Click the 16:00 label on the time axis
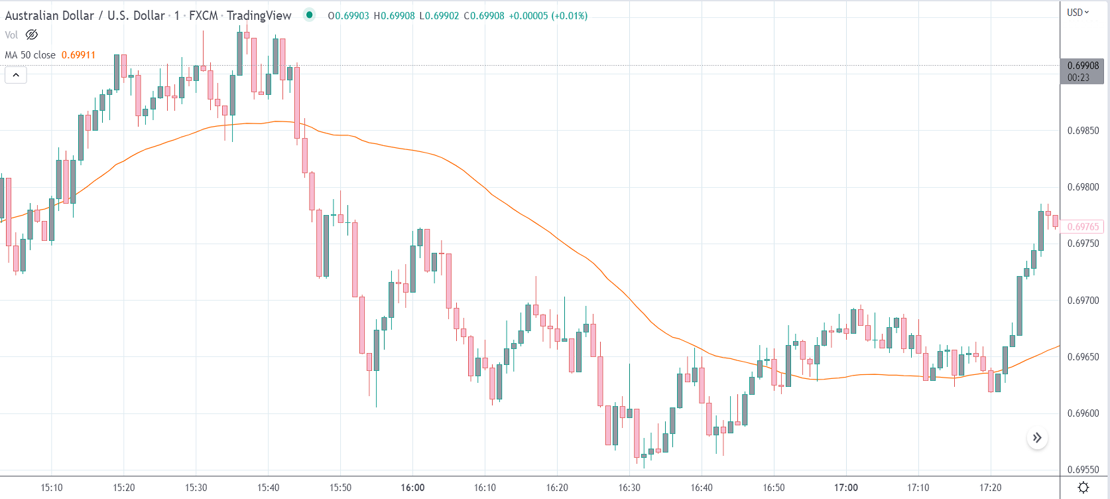coord(412,488)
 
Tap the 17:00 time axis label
coord(846,488)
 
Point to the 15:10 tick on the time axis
coord(52,488)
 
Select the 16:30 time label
coord(629,488)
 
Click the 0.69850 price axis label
coord(1083,131)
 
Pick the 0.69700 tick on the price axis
coord(1083,301)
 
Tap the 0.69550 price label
coord(1083,470)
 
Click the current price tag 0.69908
coord(1083,66)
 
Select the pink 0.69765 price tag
coord(1083,227)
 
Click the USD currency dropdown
coord(1078,13)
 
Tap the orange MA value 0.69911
coord(78,55)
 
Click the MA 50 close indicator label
coord(31,55)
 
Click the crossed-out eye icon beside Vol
coord(32,35)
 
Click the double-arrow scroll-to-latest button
coord(1037,438)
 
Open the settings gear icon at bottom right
coord(1083,488)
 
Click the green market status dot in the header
coord(309,15)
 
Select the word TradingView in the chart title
coord(259,15)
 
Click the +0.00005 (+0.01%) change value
coord(548,16)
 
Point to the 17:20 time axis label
coord(990,488)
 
